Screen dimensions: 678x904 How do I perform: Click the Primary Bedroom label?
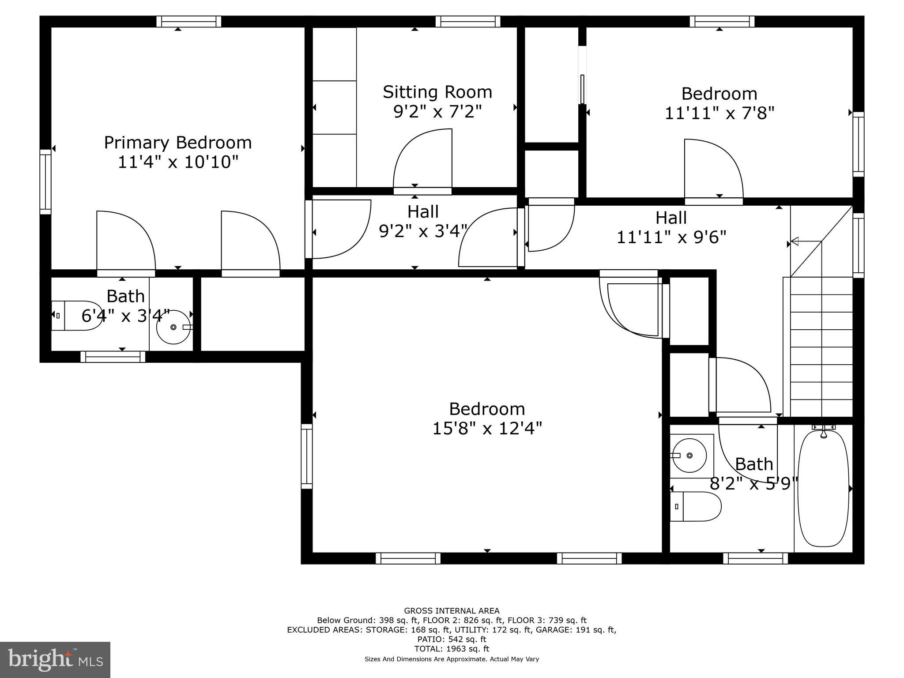178,143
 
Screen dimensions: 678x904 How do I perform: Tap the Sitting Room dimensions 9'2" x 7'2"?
437,111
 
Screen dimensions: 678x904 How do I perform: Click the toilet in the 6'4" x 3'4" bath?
76,316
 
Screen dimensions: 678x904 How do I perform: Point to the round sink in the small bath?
173,327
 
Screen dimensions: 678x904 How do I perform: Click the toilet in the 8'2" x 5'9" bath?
695,506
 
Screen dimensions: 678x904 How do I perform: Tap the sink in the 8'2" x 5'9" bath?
689,455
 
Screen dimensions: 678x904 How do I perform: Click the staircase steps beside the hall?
821,347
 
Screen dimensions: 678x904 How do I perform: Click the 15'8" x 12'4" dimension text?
487,428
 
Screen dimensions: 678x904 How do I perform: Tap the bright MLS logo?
55,659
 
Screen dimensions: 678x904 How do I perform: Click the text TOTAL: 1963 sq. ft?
452,648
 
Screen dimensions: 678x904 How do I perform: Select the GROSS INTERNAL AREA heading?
452,610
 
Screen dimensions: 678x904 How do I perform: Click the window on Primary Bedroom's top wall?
189,21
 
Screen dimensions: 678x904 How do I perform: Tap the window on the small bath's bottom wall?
113,357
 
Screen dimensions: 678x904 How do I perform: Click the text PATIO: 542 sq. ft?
452,639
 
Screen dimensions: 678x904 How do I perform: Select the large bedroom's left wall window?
307,456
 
